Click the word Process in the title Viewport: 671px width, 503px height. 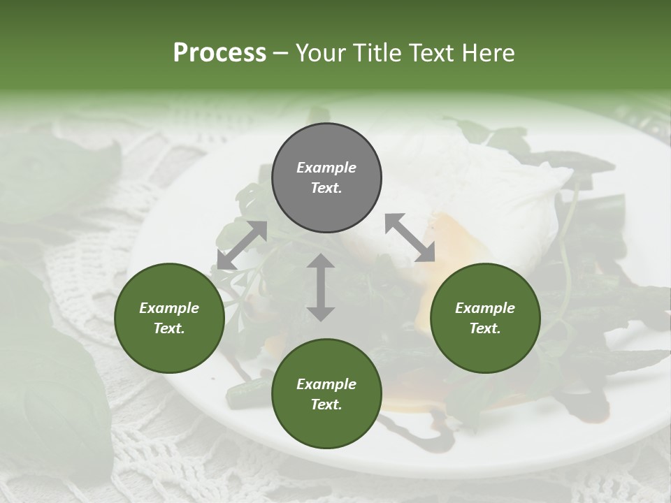(x=219, y=53)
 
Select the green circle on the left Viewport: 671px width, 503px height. (x=169, y=318)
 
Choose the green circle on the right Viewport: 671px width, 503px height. (x=485, y=318)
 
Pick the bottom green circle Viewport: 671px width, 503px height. (x=326, y=394)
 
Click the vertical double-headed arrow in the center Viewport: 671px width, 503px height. (x=321, y=287)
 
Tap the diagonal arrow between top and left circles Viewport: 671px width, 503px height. (x=242, y=245)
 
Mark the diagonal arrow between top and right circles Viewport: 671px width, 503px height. (x=410, y=238)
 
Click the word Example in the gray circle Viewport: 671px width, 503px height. (x=326, y=168)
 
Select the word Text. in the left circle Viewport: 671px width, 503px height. (x=169, y=328)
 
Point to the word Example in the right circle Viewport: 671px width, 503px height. (x=485, y=308)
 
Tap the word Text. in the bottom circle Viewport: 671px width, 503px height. (x=326, y=404)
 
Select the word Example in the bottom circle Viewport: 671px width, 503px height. (x=326, y=384)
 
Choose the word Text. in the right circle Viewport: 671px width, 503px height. (x=485, y=328)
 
